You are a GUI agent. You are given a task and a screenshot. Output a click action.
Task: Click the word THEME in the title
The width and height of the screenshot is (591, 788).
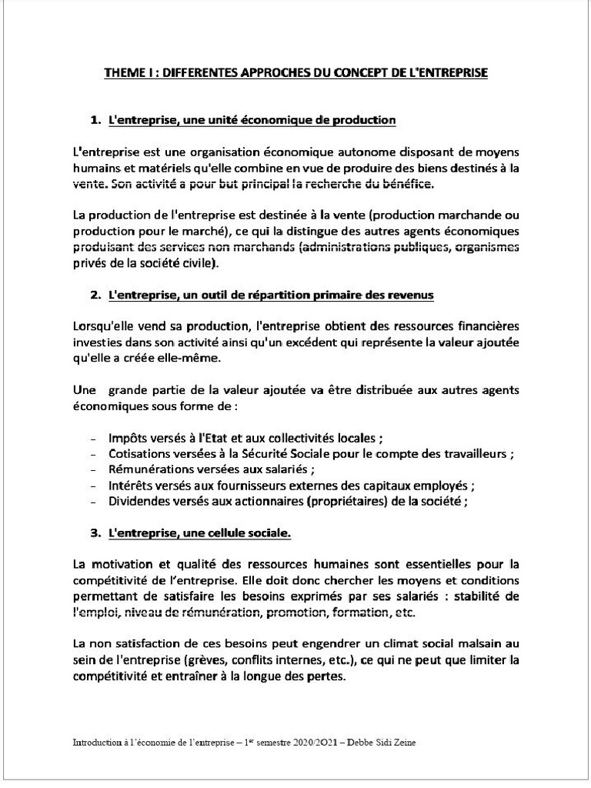tap(122, 73)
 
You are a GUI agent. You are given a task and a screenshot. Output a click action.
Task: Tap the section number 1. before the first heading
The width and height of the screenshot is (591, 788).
tap(96, 120)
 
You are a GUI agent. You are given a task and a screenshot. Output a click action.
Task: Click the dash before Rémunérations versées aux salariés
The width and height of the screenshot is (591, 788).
tap(93, 470)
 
